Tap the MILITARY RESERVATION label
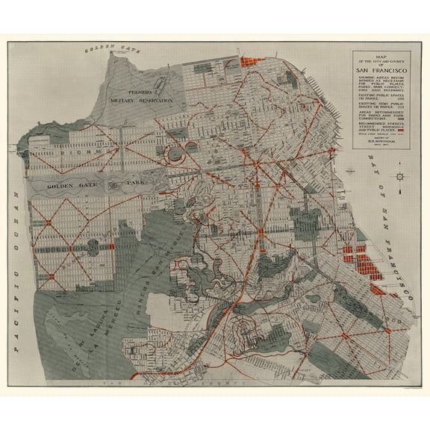[x=140, y=99]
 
